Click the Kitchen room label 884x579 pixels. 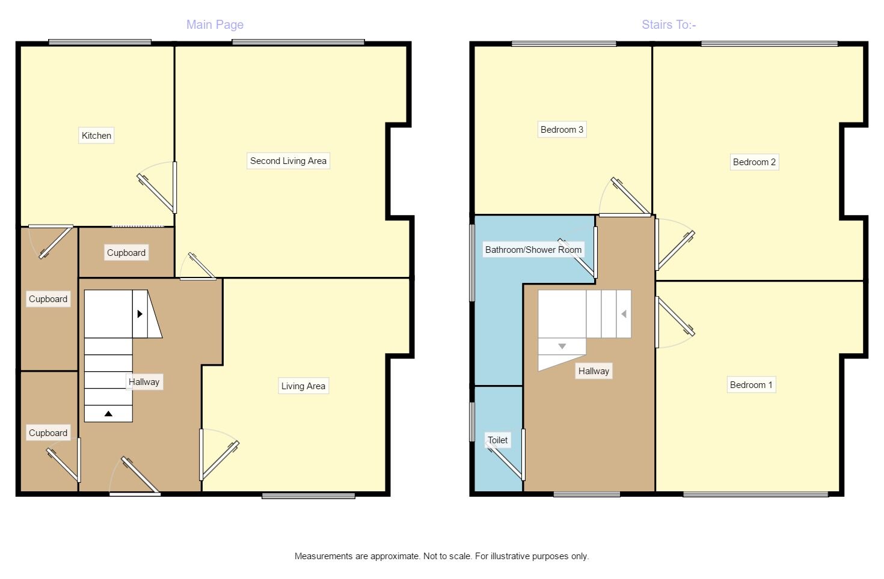click(96, 136)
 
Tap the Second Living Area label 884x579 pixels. click(288, 161)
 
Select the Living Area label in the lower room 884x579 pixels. click(303, 386)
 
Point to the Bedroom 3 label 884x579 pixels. click(562, 129)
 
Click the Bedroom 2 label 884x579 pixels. click(754, 162)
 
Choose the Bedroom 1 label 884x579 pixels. click(751, 384)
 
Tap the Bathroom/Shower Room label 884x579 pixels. click(533, 249)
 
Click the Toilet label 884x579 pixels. click(498, 440)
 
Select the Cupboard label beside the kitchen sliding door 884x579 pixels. click(126, 253)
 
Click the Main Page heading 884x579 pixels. click(215, 25)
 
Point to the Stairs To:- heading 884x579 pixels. click(669, 25)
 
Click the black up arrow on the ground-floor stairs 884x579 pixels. click(108, 413)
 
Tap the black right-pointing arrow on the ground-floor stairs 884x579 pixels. click(140, 314)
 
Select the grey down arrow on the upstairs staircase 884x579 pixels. click(562, 346)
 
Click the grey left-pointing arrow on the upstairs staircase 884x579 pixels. click(624, 314)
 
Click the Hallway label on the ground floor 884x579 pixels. click(144, 381)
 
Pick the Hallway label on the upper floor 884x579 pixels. click(594, 371)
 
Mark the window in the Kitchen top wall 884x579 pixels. click(100, 42)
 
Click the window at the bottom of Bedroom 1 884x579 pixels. click(755, 494)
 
